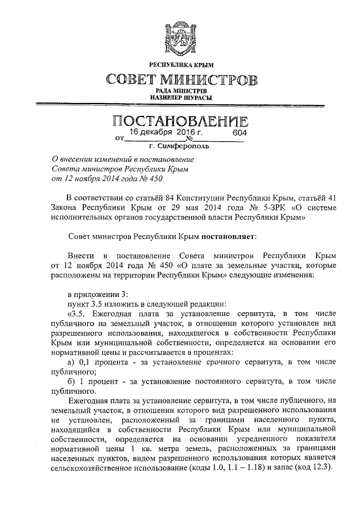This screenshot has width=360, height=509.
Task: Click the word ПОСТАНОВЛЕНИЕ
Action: tap(179, 120)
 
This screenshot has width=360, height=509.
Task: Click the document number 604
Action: tap(240, 133)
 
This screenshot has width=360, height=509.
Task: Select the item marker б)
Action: tap(71, 382)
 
